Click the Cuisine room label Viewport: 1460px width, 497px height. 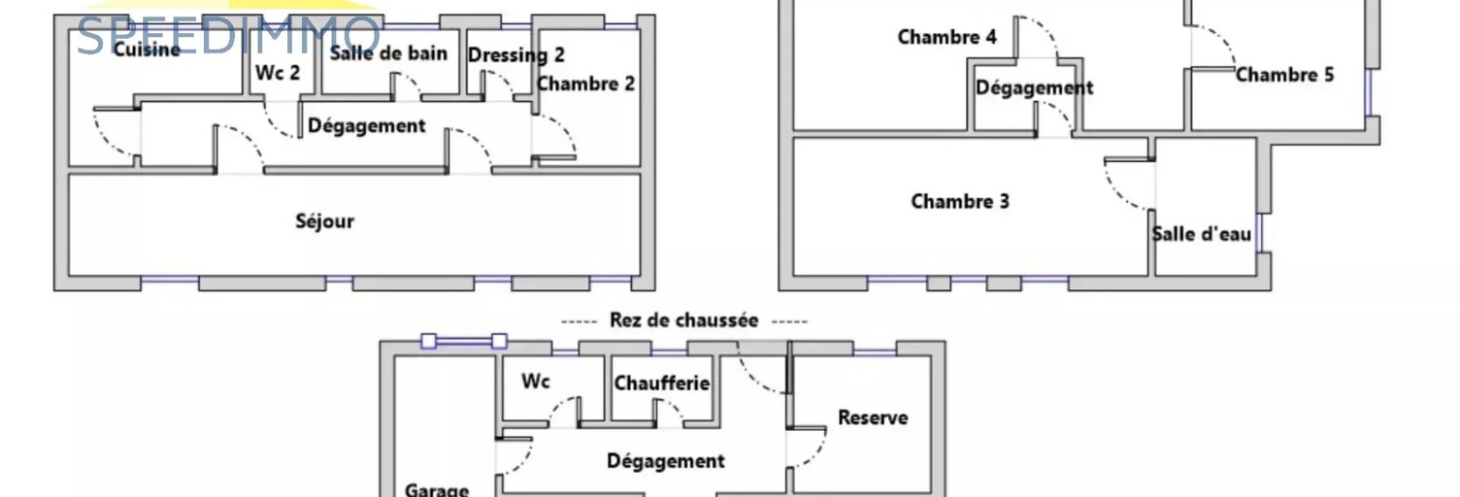point(147,49)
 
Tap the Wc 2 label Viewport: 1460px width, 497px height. point(278,73)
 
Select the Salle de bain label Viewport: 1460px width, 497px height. point(388,53)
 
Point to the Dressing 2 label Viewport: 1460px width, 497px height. point(515,55)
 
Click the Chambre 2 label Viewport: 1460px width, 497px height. point(585,83)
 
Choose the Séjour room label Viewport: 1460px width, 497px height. point(324,221)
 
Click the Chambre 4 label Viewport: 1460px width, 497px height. point(946,38)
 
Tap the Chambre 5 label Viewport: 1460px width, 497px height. point(1284,75)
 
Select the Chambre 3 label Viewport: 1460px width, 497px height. point(959,202)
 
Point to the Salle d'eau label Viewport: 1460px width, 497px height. point(1202,234)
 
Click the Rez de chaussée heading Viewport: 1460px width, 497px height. point(683,320)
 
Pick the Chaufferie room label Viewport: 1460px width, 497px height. point(661,383)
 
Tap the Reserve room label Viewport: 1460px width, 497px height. point(873,417)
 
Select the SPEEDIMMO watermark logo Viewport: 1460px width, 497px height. point(228,36)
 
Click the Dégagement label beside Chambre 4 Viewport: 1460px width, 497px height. point(1034,87)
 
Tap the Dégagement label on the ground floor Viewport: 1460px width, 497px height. point(665,461)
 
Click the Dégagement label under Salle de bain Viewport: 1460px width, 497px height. point(366,126)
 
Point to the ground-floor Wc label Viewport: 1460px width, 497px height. point(535,381)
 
